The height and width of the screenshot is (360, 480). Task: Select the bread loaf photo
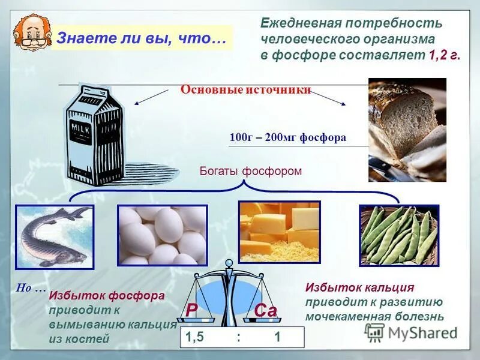point(407,129)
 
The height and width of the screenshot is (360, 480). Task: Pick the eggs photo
point(162,235)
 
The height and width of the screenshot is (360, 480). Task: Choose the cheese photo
point(279,232)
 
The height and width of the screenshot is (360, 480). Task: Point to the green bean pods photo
point(399,235)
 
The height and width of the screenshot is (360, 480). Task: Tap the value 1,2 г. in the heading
point(445,55)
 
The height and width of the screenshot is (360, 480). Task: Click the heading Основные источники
point(245,90)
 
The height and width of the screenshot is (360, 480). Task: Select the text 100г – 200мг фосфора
point(287,137)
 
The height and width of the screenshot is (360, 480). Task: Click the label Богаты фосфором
point(250,171)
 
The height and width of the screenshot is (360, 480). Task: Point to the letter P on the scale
point(191,310)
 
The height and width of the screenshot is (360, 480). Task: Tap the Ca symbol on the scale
point(265,311)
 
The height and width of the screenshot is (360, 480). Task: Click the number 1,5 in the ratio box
point(195,337)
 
